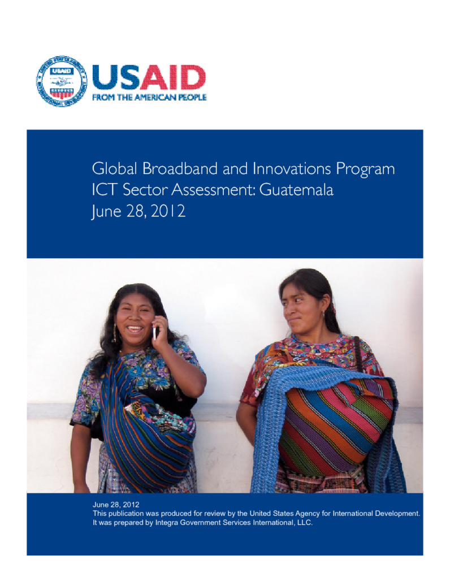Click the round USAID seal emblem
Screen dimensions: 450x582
point(62,81)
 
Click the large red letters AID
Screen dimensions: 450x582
point(172,77)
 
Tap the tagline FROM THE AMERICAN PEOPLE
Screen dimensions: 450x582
point(149,97)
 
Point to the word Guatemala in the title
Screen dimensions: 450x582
point(296,190)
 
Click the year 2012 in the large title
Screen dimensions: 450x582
point(168,211)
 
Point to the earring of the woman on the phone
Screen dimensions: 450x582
point(114,333)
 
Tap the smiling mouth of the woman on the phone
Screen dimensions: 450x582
point(135,328)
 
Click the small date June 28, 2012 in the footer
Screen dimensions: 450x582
point(116,505)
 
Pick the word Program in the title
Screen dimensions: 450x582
point(365,170)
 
